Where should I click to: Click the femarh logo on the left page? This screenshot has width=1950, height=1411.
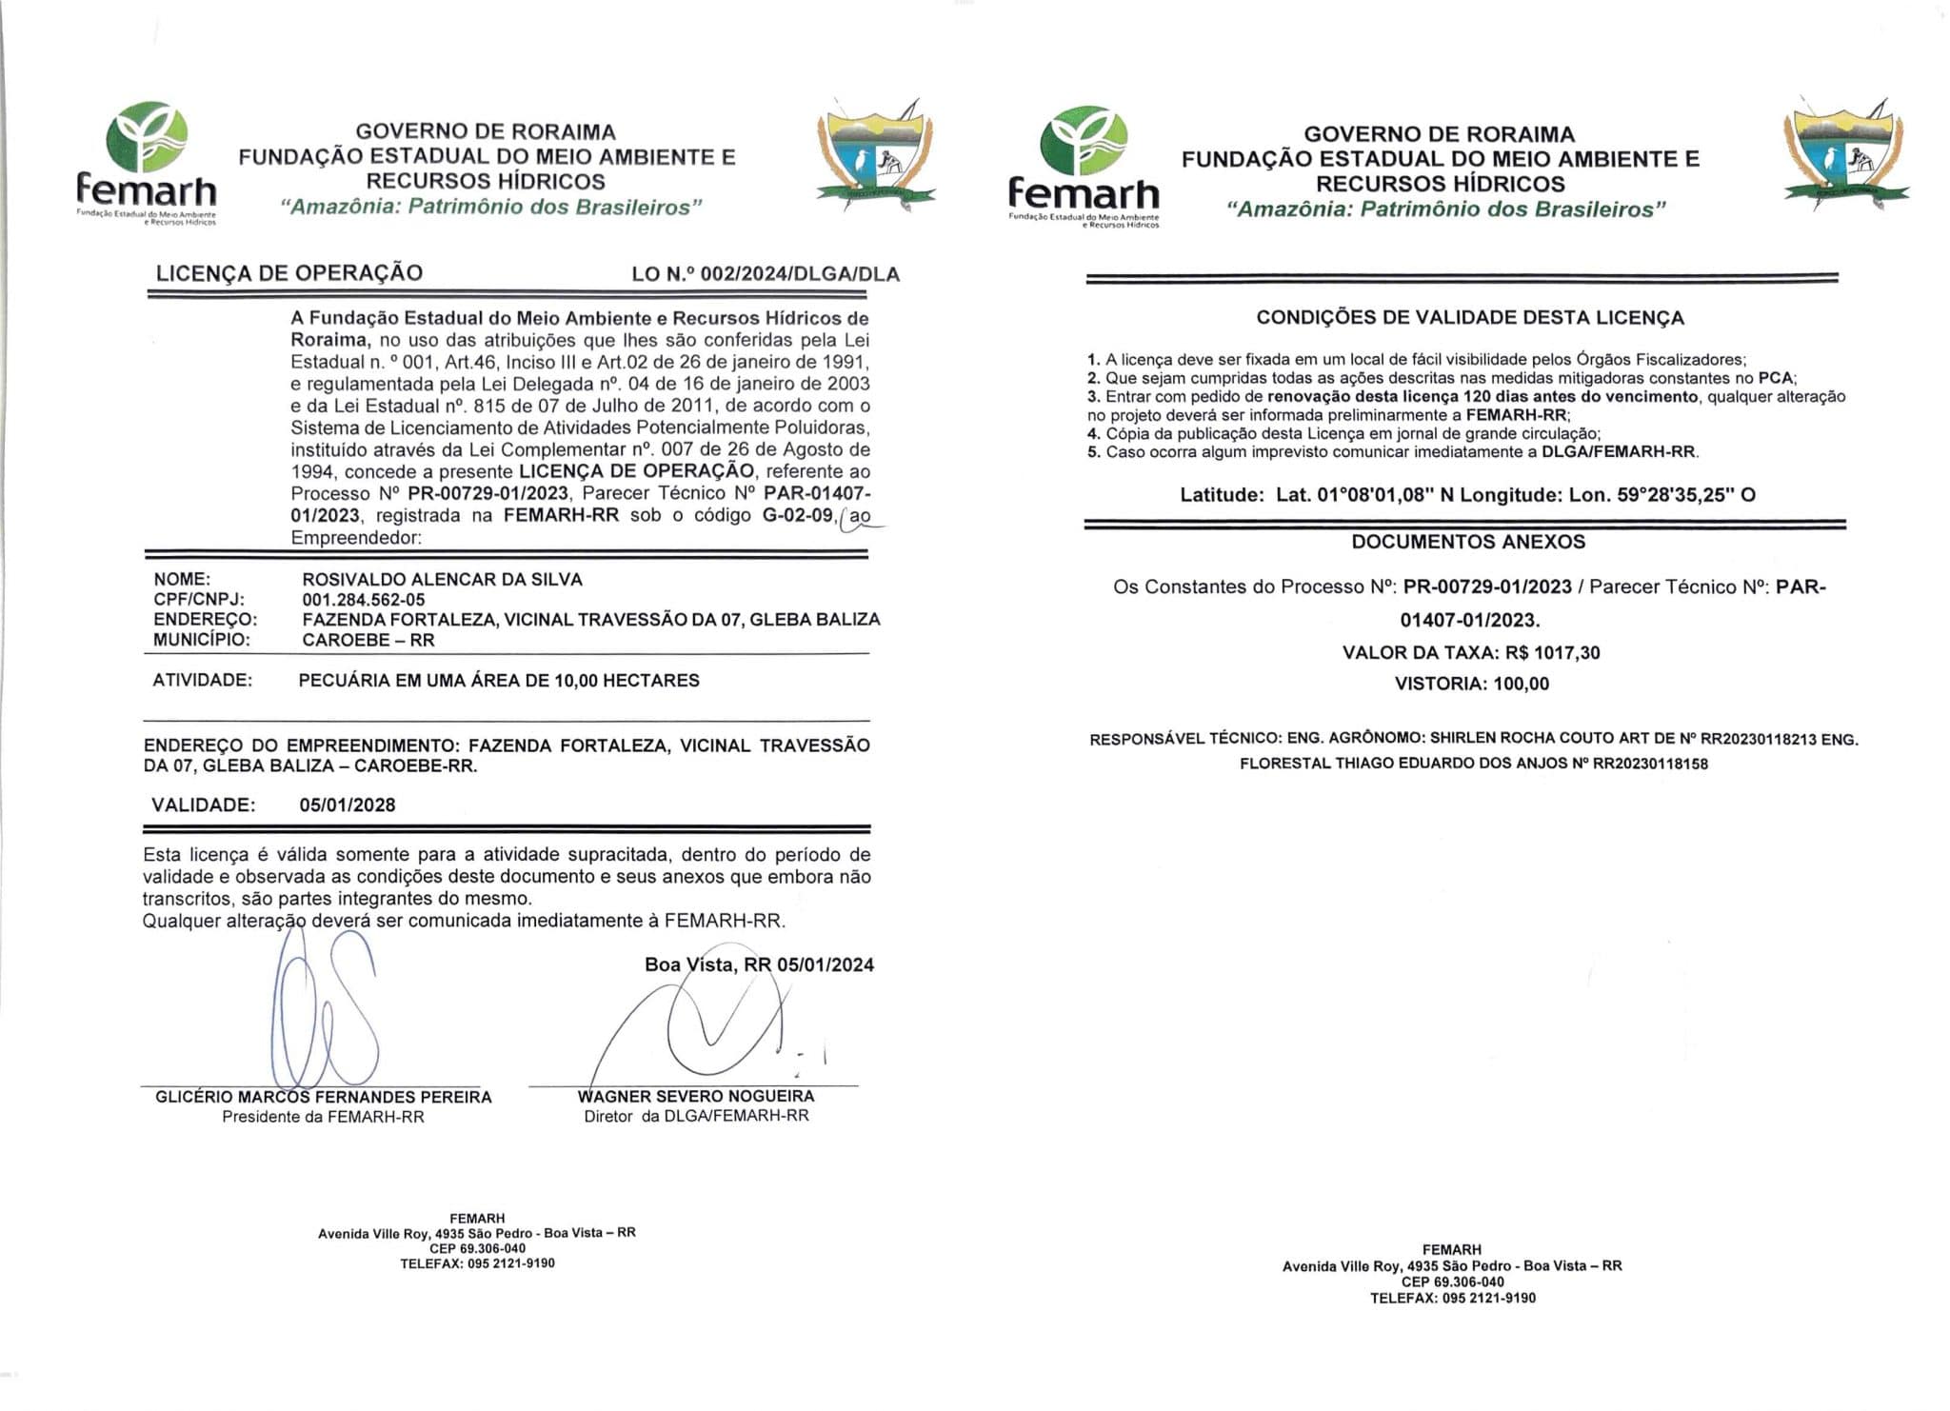(147, 162)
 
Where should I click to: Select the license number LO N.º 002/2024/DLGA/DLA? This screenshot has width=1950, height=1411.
(766, 274)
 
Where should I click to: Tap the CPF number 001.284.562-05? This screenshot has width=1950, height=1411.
(364, 600)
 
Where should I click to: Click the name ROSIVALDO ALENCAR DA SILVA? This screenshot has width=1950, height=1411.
(442, 579)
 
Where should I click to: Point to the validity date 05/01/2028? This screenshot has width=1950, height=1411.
(348, 805)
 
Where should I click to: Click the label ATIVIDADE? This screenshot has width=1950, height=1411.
(203, 681)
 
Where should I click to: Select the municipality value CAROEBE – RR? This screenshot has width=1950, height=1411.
(368, 640)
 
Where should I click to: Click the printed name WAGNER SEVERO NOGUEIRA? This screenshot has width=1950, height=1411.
(696, 1097)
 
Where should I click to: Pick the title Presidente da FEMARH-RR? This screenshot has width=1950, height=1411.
(323, 1117)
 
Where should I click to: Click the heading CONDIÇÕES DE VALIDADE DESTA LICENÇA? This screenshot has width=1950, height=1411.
(1470, 318)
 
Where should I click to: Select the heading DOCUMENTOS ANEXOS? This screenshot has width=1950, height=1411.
(1468, 542)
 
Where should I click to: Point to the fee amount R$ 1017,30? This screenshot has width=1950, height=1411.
(1552, 653)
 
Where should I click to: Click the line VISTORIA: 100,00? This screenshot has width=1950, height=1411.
(1471, 684)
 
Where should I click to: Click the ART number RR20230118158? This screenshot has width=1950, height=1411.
(1650, 764)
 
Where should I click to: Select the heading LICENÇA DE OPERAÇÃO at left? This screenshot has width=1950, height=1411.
(289, 273)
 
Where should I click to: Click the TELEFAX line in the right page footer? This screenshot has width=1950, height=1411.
(1452, 1298)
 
